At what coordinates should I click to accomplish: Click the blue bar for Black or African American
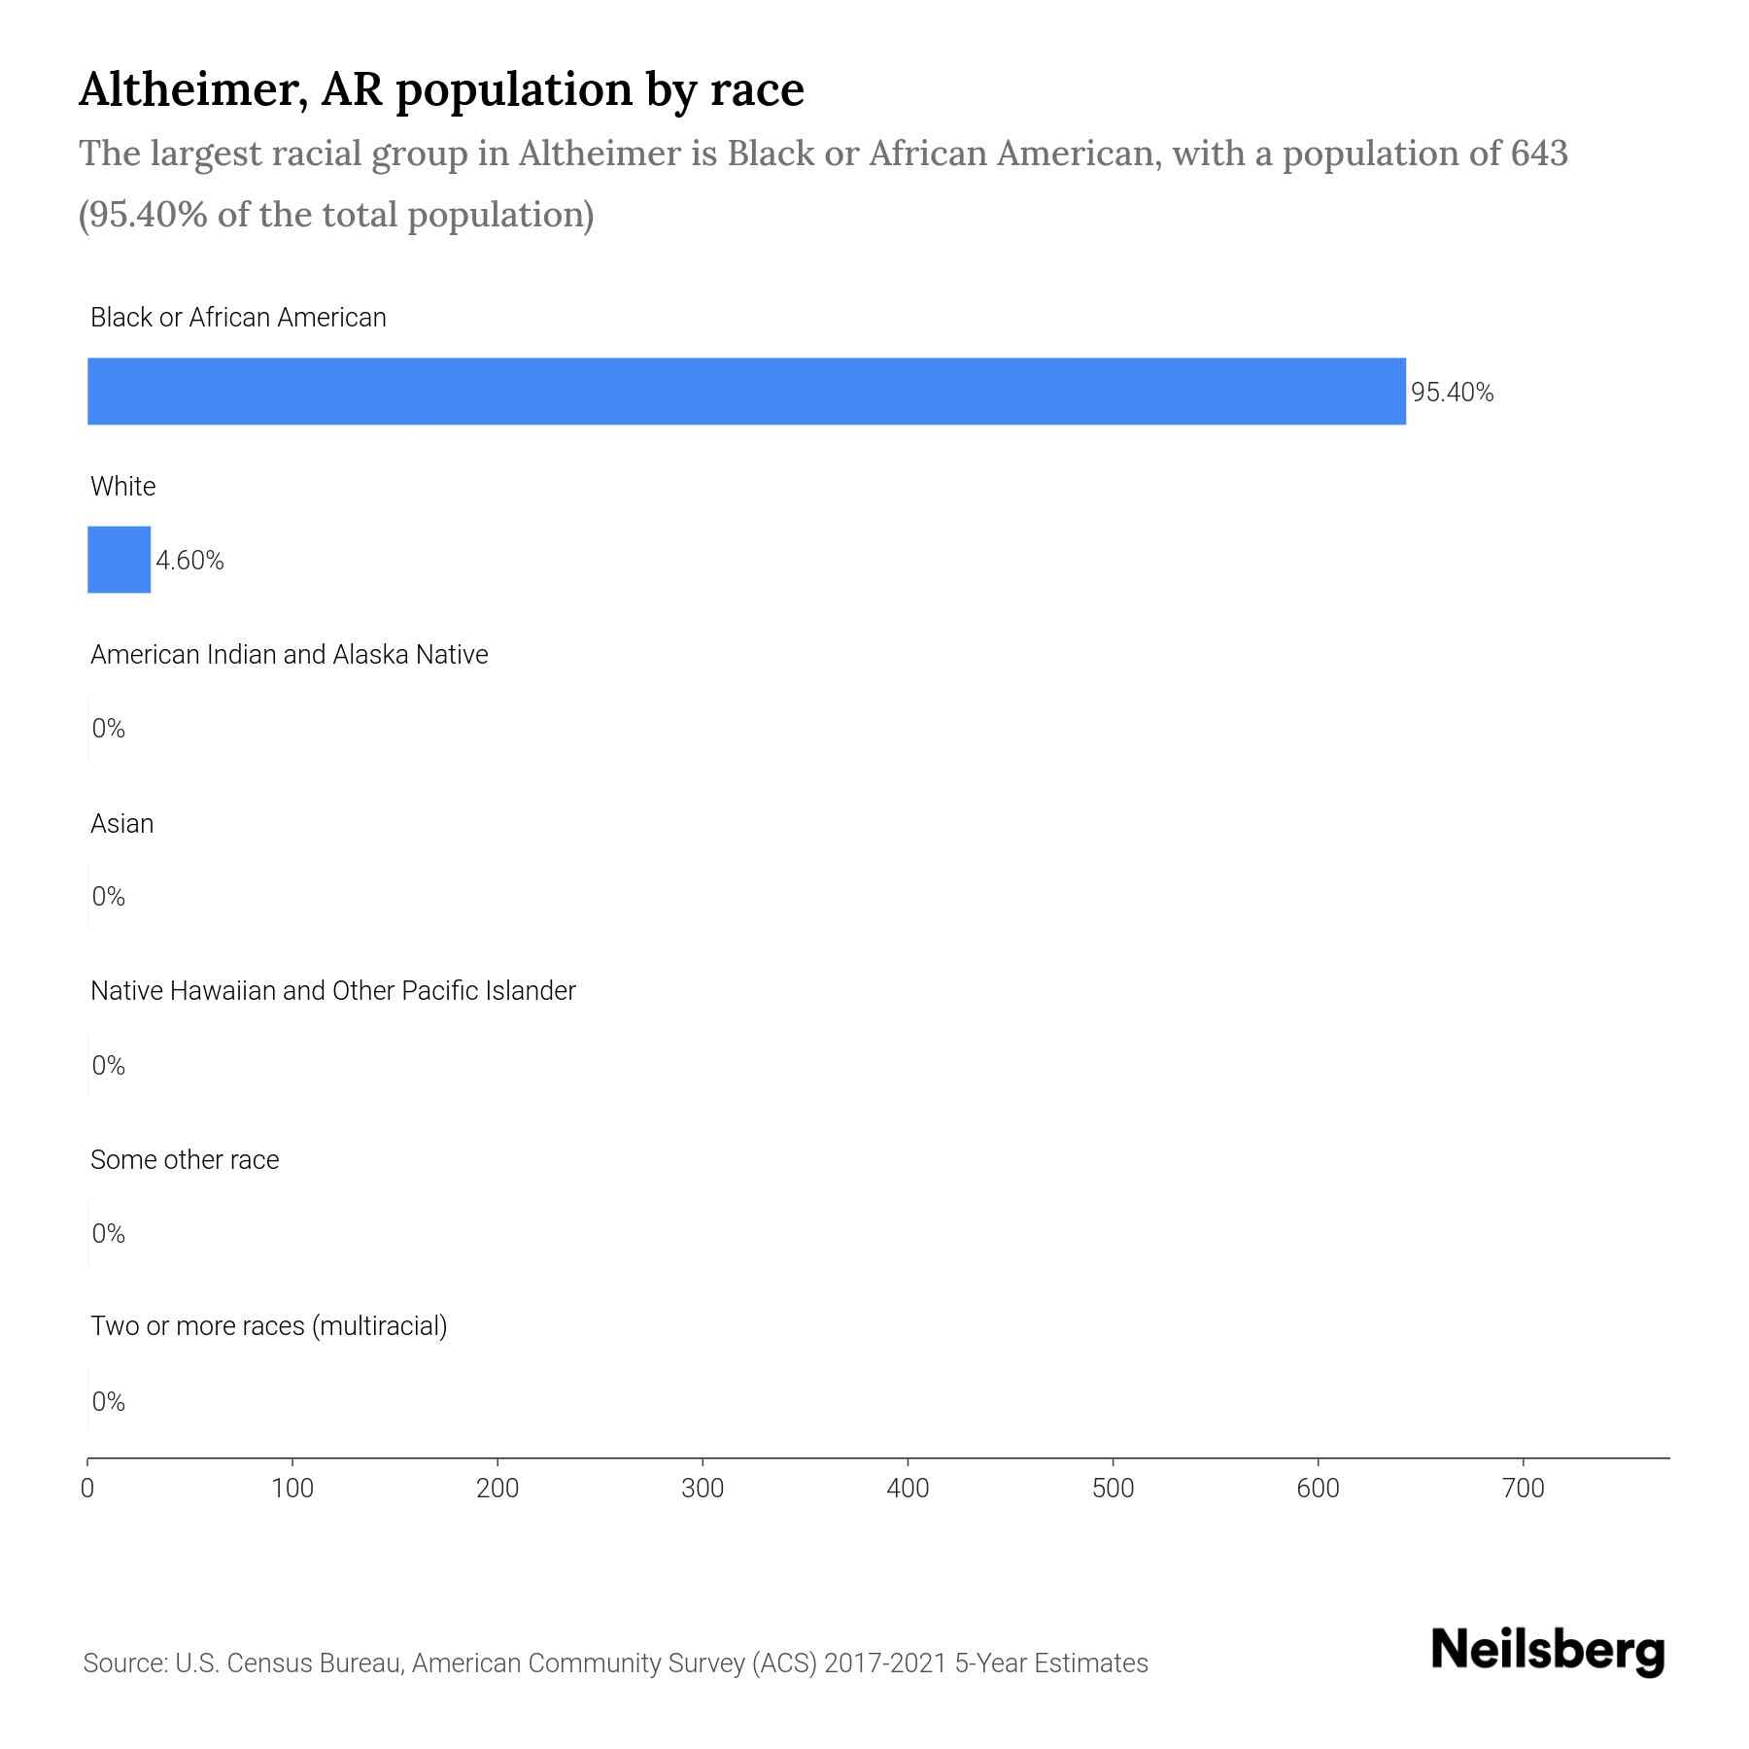pyautogui.click(x=746, y=392)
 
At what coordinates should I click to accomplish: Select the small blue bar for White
pyautogui.click(x=119, y=560)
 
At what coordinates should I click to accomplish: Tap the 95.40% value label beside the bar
pyautogui.click(x=1452, y=393)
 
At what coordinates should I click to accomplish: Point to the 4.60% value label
pyautogui.click(x=189, y=561)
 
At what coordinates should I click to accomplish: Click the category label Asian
pyautogui.click(x=121, y=823)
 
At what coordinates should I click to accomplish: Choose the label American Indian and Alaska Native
pyautogui.click(x=289, y=655)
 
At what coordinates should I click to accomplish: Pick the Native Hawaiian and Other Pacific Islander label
pyautogui.click(x=332, y=991)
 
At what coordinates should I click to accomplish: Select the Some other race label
pyautogui.click(x=185, y=1159)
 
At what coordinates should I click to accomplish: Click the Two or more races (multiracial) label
pyautogui.click(x=268, y=1326)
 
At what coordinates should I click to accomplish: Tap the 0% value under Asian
pyautogui.click(x=108, y=897)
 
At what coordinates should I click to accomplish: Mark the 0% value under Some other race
pyautogui.click(x=108, y=1234)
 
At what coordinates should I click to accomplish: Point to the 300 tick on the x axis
pyautogui.click(x=703, y=1489)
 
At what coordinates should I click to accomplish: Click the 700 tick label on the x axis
pyautogui.click(x=1523, y=1489)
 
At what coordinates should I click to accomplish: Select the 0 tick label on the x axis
pyautogui.click(x=87, y=1489)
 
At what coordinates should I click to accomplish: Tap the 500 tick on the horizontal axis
pyautogui.click(x=1113, y=1489)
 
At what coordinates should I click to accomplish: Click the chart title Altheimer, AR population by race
pyautogui.click(x=441, y=89)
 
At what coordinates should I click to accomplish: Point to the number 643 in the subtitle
pyautogui.click(x=1539, y=154)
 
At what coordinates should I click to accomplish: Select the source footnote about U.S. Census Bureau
pyautogui.click(x=615, y=1663)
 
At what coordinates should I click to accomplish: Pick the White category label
pyautogui.click(x=122, y=486)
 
